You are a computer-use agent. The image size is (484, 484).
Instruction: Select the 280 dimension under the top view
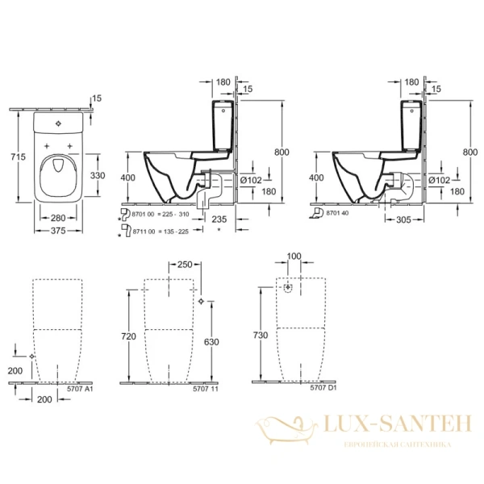click(x=56, y=217)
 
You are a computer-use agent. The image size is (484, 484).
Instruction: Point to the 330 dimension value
click(x=96, y=174)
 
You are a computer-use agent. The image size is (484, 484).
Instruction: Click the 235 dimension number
click(x=195, y=217)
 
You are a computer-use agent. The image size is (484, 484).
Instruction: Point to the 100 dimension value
click(x=294, y=257)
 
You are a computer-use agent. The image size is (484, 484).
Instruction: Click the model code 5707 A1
click(x=82, y=389)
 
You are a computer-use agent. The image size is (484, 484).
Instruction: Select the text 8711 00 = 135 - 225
click(x=165, y=231)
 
